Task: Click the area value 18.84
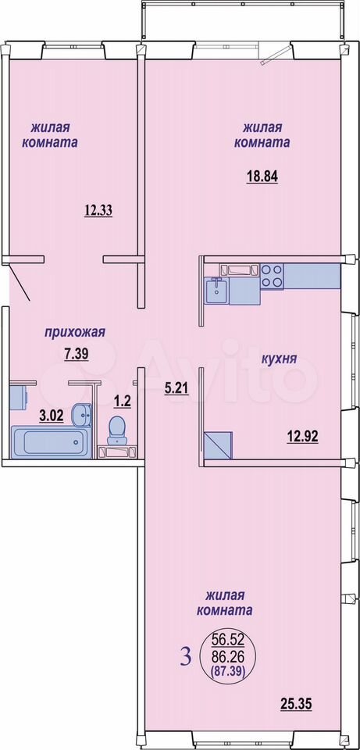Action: point(262,176)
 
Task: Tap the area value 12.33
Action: point(98,210)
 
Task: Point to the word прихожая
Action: point(75,333)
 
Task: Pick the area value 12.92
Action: point(303,436)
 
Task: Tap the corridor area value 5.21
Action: point(176,389)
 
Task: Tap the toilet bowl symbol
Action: point(116,430)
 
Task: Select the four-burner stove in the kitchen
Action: point(272,276)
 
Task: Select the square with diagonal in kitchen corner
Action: point(218,446)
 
